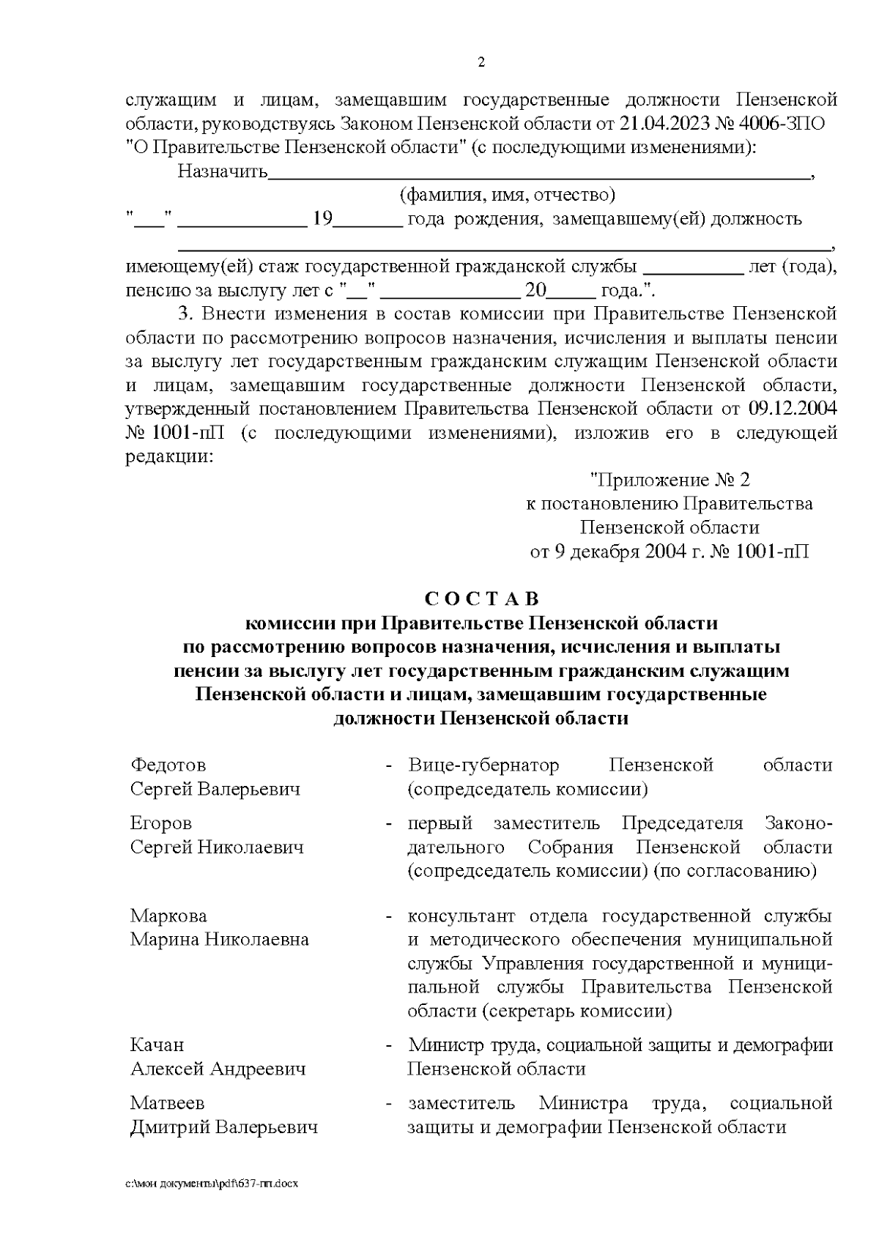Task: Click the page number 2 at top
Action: pyautogui.click(x=481, y=62)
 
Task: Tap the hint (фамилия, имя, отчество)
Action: pyautogui.click(x=507, y=195)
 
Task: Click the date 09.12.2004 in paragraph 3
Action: pyautogui.click(x=793, y=409)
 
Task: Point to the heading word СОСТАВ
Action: pyautogui.click(x=481, y=599)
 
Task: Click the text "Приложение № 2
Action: pyautogui.click(x=670, y=480)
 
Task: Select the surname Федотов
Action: pyautogui.click(x=168, y=765)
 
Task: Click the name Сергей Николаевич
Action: pyautogui.click(x=217, y=847)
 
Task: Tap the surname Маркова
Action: pyautogui.click(x=168, y=916)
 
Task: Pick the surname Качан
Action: pyautogui.click(x=157, y=1045)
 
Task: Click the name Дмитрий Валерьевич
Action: pyautogui.click(x=223, y=1127)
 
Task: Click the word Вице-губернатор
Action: pyautogui.click(x=483, y=765)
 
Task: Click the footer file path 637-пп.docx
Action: pyautogui.click(x=212, y=1184)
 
